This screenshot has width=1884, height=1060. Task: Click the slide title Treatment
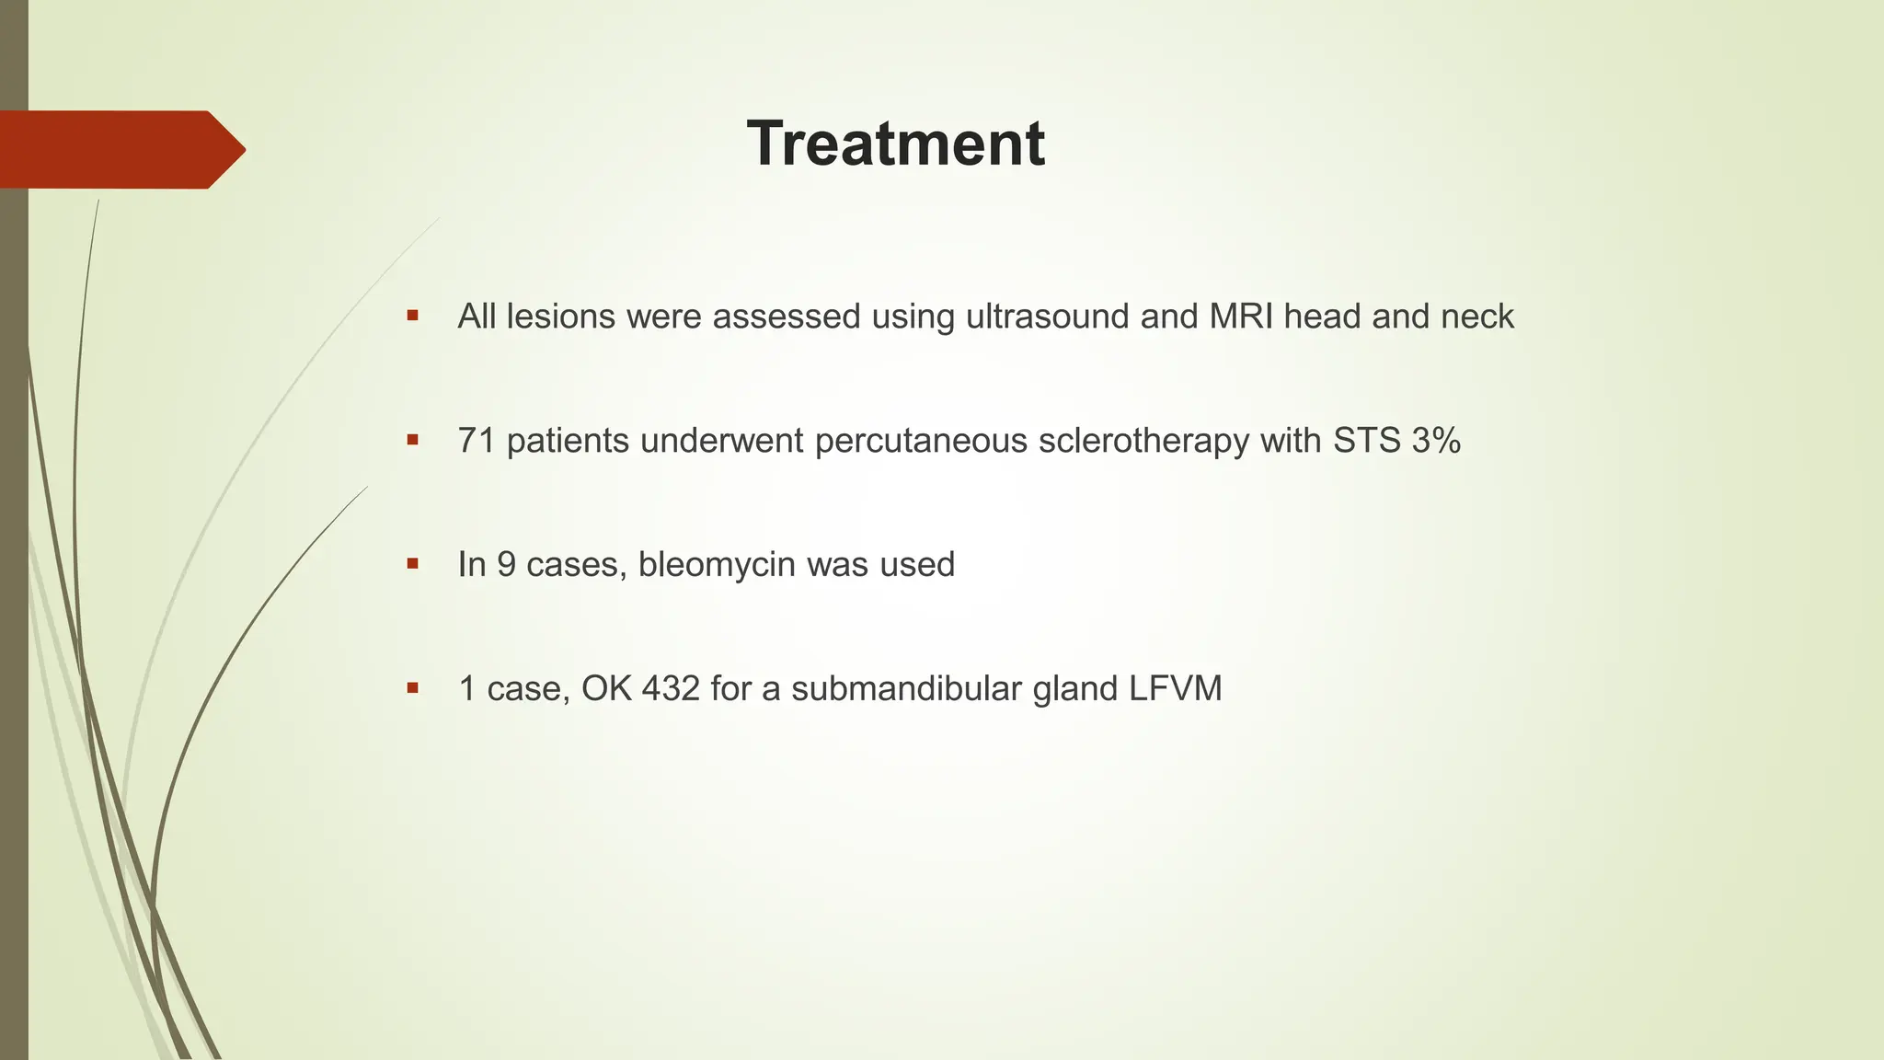click(895, 144)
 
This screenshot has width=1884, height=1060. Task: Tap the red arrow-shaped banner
click(120, 149)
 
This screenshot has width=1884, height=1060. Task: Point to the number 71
click(477, 441)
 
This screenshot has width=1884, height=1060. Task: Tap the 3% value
click(1436, 441)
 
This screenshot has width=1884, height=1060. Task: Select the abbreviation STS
click(1365, 441)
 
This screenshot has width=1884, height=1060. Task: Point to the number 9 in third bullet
click(506, 564)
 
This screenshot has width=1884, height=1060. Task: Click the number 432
click(671, 688)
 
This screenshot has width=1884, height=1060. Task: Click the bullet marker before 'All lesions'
click(412, 316)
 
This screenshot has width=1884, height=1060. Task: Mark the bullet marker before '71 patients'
click(412, 440)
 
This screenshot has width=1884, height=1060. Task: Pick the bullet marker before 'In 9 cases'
click(412, 563)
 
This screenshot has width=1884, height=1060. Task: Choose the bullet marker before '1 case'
click(412, 687)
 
